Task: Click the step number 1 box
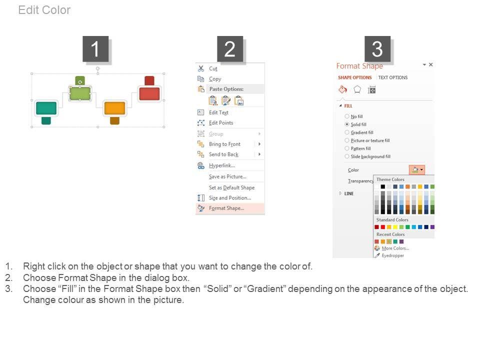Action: pos(95,48)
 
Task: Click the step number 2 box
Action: pos(230,48)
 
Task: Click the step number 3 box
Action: pos(377,48)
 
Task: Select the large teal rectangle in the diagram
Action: pos(46,108)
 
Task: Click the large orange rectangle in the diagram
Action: pos(115,108)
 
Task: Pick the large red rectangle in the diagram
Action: pos(149,93)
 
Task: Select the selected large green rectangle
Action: pos(80,93)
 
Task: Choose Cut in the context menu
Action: pos(213,68)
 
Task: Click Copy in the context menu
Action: pos(215,79)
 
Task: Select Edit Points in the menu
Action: pos(221,123)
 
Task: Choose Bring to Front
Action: pos(224,144)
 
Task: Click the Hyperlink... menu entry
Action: pos(222,165)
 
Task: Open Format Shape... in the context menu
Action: pos(226,208)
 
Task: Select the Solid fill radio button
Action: pos(347,124)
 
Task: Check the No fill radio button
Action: pos(347,116)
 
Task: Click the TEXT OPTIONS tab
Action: pos(393,77)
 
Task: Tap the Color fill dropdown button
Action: pos(417,169)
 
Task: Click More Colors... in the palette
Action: pos(395,248)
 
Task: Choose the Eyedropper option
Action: pos(393,255)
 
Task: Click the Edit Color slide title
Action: pos(44,10)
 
